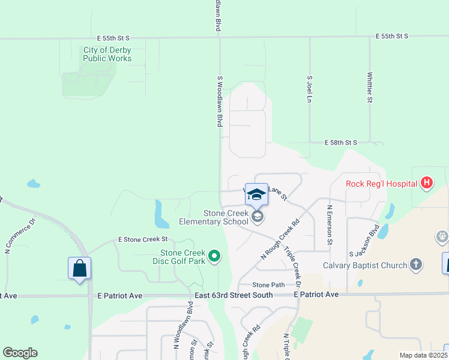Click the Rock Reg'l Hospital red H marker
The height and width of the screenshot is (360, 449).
click(426, 183)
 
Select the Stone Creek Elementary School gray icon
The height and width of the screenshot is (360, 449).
click(258, 217)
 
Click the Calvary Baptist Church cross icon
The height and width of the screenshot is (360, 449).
click(415, 265)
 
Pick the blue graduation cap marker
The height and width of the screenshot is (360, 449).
click(256, 194)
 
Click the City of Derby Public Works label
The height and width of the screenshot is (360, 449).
click(107, 54)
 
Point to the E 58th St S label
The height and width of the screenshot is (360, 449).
click(341, 143)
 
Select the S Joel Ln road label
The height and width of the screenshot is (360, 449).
click(310, 89)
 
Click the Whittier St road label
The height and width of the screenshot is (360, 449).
click(370, 88)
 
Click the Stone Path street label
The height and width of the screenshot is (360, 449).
click(268, 285)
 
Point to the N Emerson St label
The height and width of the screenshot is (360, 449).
click(329, 225)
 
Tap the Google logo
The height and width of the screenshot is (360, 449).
click(20, 353)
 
